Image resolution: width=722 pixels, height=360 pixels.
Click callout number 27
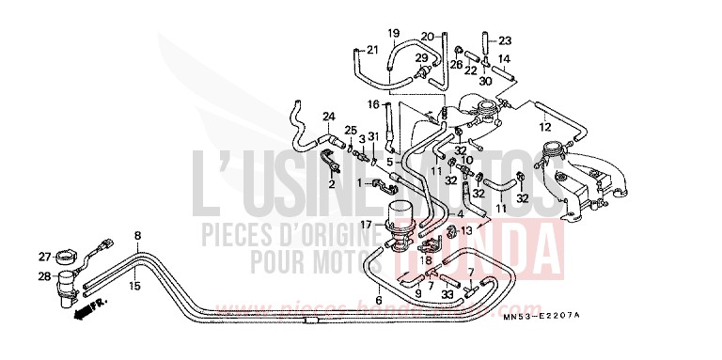(44, 256)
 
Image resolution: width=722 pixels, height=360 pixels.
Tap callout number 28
(44, 276)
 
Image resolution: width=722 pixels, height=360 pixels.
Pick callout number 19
(394, 33)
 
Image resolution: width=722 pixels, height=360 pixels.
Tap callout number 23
(505, 40)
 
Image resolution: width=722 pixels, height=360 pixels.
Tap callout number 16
(373, 104)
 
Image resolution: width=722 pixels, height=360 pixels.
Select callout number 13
(492, 230)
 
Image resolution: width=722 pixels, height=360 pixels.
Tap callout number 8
(137, 235)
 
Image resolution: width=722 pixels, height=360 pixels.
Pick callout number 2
(332, 185)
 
